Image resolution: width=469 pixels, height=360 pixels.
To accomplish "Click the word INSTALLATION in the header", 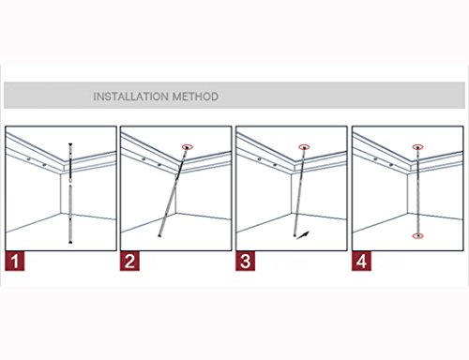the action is [x=131, y=97].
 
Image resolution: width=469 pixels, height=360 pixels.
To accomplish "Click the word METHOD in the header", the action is [x=195, y=97].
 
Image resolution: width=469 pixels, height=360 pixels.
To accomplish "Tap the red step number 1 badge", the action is [x=15, y=262].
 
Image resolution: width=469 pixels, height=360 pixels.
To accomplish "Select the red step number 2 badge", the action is [x=129, y=262].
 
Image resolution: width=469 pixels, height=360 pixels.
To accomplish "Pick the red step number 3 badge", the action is [x=245, y=262].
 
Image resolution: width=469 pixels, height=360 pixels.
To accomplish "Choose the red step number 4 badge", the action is [x=361, y=262].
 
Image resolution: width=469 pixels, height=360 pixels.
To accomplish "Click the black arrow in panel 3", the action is [x=303, y=235].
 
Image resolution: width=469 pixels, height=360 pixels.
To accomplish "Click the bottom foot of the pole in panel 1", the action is [x=70, y=242].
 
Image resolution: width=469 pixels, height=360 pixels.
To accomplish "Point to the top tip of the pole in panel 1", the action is [x=70, y=143].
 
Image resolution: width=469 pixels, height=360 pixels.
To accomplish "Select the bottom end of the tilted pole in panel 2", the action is [x=159, y=235].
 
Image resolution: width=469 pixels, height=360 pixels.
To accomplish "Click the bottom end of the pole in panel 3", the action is [x=295, y=235].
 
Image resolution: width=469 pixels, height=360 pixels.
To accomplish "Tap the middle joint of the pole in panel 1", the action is [x=70, y=182].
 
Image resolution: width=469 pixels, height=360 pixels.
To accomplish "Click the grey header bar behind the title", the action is [x=234, y=96].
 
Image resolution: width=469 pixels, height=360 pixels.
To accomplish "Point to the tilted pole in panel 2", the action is [x=174, y=191].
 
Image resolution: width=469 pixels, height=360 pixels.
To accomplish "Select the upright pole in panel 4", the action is [x=418, y=191].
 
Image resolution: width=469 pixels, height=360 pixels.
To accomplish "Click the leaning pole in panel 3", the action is [x=299, y=191].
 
